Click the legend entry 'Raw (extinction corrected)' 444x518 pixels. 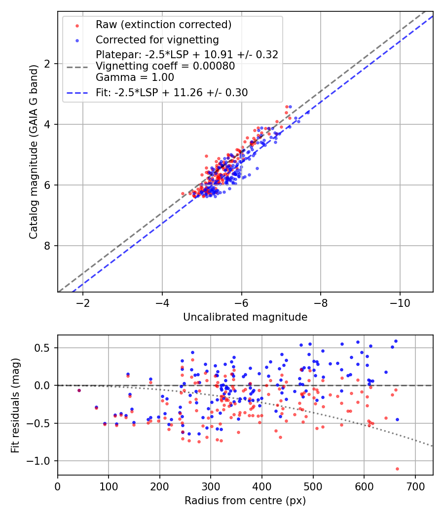coord(163,25)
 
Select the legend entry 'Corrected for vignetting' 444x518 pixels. coord(157,39)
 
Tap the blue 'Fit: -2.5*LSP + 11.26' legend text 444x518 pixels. coord(172,92)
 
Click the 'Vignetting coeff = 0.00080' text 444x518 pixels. coord(165,66)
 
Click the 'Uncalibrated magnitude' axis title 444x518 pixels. coord(245,317)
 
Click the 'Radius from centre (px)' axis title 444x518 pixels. coord(245,501)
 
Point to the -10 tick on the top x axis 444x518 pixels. coord(400,302)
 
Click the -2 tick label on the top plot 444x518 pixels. coord(82,302)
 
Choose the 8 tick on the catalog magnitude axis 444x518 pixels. coord(47,246)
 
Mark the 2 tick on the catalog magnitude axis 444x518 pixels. coord(47,64)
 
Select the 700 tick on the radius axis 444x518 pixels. coord(415,485)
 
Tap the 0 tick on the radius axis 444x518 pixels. coord(58,485)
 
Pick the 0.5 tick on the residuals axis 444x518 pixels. coord(43,348)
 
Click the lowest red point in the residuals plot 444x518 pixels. coord(397,469)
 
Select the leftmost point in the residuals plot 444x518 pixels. coord(79,390)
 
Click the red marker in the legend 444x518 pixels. coord(77,25)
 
